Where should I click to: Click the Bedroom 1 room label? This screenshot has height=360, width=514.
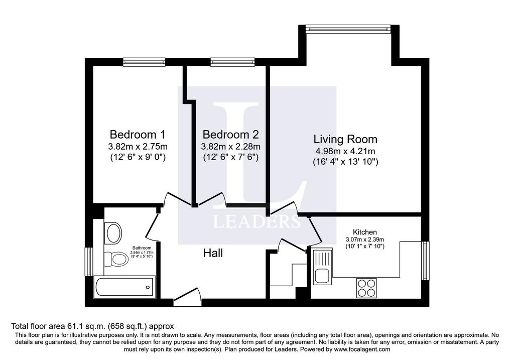pos(138,135)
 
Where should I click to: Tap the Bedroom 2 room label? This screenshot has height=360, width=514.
pos(230,135)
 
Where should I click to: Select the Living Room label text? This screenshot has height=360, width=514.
pos(345,140)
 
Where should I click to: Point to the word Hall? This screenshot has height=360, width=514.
pos(213,253)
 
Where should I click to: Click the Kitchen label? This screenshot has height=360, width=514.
pos(364,232)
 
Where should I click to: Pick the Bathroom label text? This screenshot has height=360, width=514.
pos(142,248)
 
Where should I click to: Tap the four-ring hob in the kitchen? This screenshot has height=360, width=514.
pos(366,288)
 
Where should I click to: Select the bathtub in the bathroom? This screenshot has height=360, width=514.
pos(124,287)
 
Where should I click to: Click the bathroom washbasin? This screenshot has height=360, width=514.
pos(113,233)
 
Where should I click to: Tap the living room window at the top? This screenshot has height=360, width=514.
pos(348,29)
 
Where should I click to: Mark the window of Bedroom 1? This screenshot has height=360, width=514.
pos(144,62)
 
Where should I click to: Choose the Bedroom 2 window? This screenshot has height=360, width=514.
pos(232,62)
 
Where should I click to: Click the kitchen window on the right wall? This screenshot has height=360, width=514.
pos(425,261)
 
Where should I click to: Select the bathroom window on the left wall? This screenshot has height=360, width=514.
pos(89,261)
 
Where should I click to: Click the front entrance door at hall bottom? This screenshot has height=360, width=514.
pos(187,297)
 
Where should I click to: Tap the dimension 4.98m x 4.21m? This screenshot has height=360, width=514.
pos(345,151)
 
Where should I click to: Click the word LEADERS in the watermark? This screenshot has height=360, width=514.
pos(256,221)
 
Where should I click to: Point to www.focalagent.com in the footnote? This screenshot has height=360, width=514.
pos(362,349)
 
